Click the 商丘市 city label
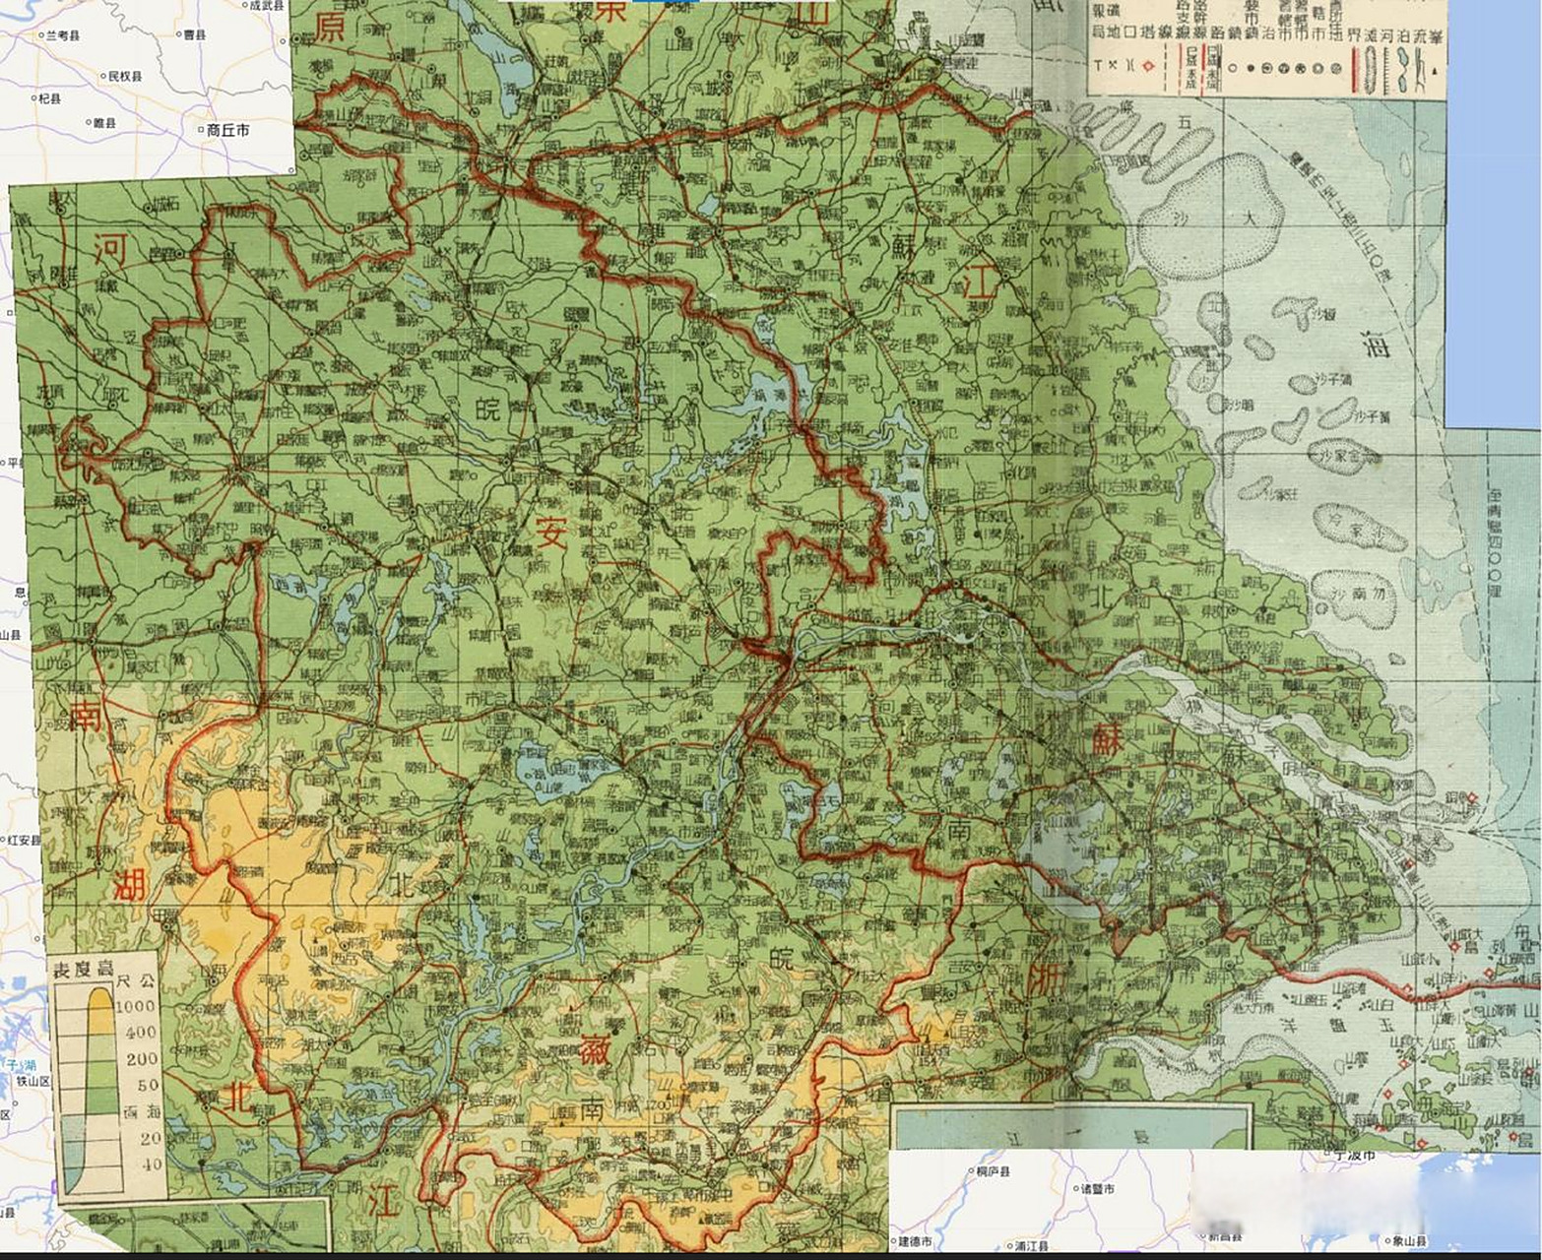pyautogui.click(x=227, y=130)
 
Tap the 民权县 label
pyautogui.click(x=125, y=76)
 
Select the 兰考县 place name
pyautogui.click(x=63, y=35)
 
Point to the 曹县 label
pyautogui.click(x=194, y=35)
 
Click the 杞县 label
pyautogui.click(x=49, y=99)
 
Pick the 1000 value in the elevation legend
pyautogui.click(x=136, y=1007)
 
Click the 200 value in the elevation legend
pyautogui.click(x=141, y=1058)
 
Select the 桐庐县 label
pyautogui.click(x=992, y=1171)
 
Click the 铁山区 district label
pyautogui.click(x=32, y=1080)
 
